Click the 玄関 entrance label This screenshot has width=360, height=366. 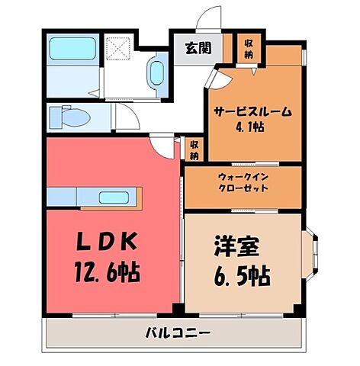pos(196,50)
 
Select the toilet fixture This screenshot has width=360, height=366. pos(68,118)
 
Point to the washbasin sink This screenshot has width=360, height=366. pos(156,73)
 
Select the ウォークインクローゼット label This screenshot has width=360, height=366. pos(243,182)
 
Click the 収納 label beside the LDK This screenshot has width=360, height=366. pos(194,149)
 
